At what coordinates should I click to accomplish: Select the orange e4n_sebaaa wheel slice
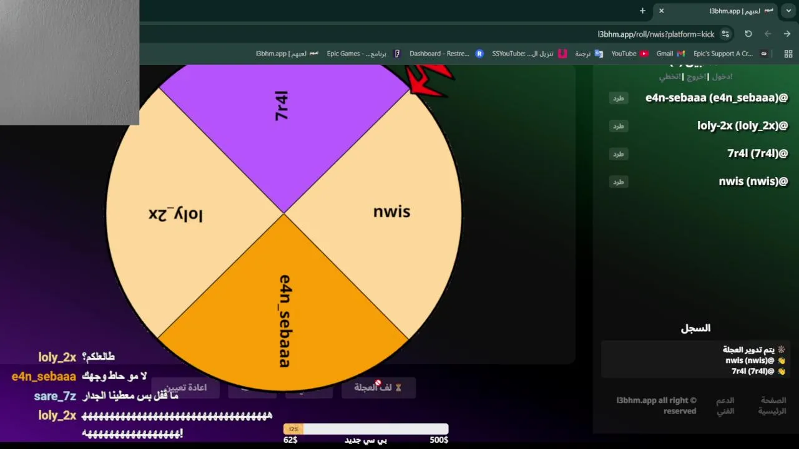point(284,312)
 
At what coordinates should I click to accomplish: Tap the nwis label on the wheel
point(391,212)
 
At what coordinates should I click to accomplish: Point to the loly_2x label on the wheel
point(175,215)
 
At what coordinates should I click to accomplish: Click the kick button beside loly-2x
point(618,126)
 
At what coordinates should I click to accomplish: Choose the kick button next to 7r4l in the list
point(618,154)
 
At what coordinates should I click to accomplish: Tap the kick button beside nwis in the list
point(618,182)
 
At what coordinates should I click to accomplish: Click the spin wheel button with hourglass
point(378,388)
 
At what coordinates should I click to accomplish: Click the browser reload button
point(748,34)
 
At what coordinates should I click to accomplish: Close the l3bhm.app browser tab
point(662,11)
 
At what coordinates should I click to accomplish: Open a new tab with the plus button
point(642,11)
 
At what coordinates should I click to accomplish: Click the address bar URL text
point(655,34)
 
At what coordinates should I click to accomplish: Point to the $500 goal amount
point(439,440)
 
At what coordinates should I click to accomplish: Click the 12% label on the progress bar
point(293,429)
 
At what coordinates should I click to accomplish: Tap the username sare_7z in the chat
point(55,397)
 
